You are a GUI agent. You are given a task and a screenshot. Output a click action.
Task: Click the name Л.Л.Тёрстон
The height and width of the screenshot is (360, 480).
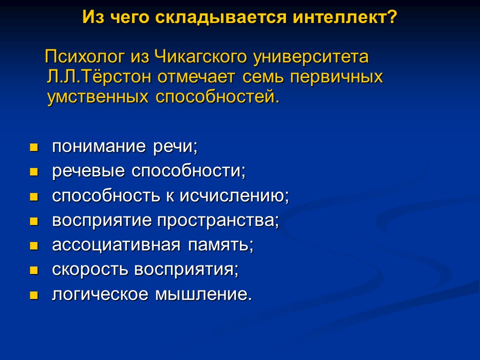click(100, 77)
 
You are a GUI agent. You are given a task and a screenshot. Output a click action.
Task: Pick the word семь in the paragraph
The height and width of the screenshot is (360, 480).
click(265, 77)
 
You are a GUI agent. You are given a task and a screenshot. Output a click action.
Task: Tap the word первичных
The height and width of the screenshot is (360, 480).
click(338, 77)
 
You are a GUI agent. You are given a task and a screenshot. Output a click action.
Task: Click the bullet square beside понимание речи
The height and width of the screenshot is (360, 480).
click(34, 148)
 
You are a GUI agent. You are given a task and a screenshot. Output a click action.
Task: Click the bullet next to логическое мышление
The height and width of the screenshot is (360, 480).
click(34, 295)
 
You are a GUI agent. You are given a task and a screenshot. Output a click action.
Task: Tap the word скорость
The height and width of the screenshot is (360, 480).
click(90, 270)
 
